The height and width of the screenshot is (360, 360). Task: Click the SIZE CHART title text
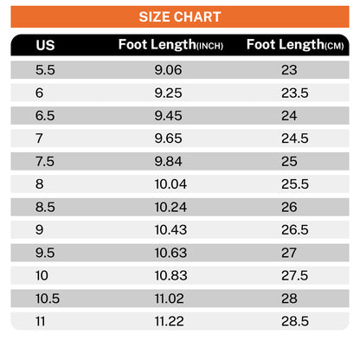coord(180,16)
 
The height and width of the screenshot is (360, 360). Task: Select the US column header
coord(45,45)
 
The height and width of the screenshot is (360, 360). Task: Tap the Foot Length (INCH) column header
coord(170,45)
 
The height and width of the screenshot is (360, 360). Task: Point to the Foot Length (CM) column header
coord(295,45)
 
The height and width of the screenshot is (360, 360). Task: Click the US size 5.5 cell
coord(45,70)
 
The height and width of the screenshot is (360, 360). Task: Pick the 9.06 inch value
coord(168,70)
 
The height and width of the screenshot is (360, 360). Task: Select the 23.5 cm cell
coord(295,93)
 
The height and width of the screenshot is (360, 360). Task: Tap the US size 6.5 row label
coord(45,116)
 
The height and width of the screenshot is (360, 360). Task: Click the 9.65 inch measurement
coord(168,138)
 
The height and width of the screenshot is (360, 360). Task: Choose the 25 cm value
coord(289,161)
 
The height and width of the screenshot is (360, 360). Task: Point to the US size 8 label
coord(40,184)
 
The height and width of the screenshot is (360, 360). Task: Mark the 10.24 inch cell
coord(170,207)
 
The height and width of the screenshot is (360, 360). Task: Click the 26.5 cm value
coord(295,230)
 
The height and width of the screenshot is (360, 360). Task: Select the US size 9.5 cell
coord(45,253)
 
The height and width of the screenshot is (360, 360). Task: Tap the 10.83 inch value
coord(170,275)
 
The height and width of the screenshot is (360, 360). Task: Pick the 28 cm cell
coord(289,299)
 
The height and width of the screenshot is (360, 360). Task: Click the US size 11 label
coord(41,321)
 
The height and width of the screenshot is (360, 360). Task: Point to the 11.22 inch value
coord(170,321)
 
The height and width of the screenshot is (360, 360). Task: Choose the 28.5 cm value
coord(295,321)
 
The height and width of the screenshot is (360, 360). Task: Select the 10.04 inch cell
coord(170,184)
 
